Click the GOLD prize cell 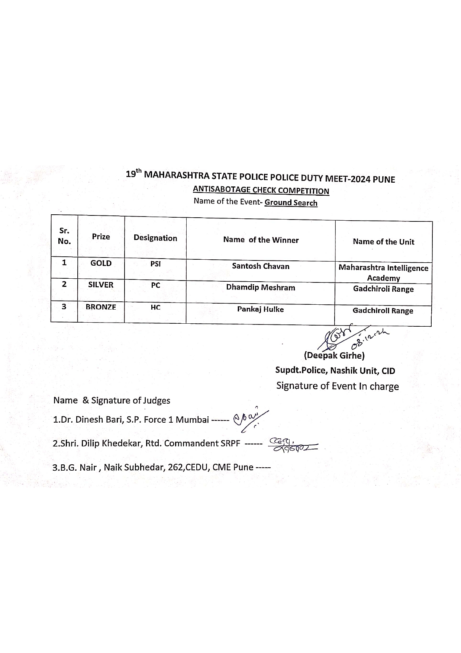pos(101,263)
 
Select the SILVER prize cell pos(101,285)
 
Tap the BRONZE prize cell pos(101,307)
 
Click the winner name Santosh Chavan pos(261,266)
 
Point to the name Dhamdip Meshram pos(261,288)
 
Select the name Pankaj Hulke pos(260,309)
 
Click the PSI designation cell pos(155,264)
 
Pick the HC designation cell pos(155,308)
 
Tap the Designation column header pos(155,238)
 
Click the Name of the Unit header pos(383,242)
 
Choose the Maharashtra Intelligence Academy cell pos(383,273)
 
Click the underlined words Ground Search pos(291,203)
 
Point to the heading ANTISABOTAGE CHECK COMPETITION pos(261,190)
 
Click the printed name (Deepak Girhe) pos(334,355)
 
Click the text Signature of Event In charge pos(337,386)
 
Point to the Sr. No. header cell pos(64,236)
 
